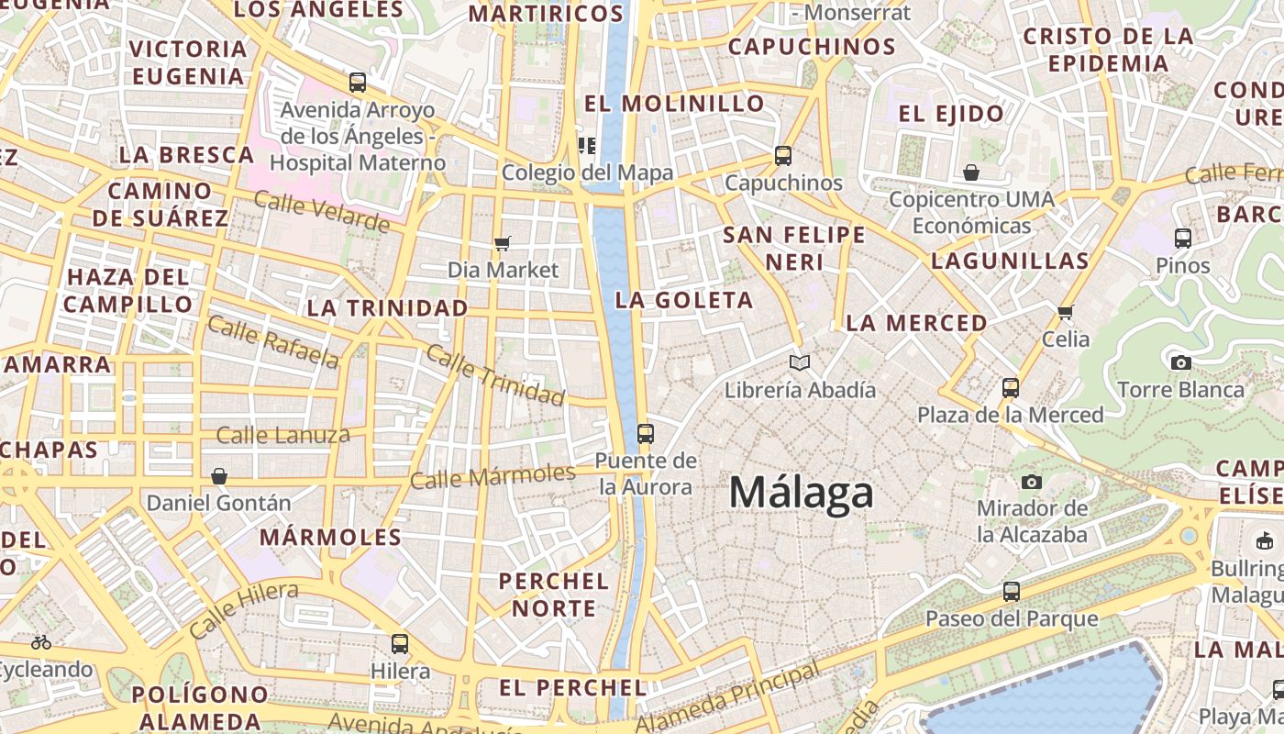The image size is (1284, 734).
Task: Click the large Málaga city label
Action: tap(801, 493)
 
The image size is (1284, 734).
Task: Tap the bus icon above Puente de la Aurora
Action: tap(646, 433)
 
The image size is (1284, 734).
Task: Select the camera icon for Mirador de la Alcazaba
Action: tap(1032, 482)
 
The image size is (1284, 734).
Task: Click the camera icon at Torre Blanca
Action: tap(1181, 362)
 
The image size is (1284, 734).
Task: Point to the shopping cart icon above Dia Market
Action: tap(502, 243)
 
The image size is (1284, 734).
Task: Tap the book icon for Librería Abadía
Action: tap(800, 362)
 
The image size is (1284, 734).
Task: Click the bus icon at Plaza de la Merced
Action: tap(1010, 387)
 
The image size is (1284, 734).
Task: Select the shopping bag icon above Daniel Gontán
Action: tap(219, 476)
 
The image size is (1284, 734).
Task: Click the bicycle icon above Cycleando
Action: tap(41, 642)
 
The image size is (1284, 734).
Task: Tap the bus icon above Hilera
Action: tap(400, 643)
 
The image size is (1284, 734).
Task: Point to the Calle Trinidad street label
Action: tap(495, 376)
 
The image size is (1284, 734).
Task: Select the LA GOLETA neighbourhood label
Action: tap(684, 300)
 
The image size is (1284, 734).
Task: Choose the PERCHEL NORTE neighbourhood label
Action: tap(554, 595)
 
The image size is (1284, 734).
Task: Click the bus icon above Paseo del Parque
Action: tap(1011, 592)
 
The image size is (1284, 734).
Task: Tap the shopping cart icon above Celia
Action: tap(1065, 312)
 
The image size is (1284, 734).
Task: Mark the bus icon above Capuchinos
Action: tap(782, 155)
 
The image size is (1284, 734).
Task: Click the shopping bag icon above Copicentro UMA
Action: tap(971, 172)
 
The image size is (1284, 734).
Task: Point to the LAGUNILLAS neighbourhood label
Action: tap(1010, 261)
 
